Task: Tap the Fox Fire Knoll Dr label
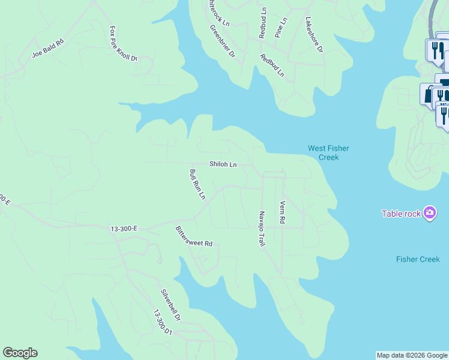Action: pyautogui.click(x=124, y=43)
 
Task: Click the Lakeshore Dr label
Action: pyautogui.click(x=314, y=34)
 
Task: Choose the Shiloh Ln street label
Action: pyautogui.click(x=223, y=164)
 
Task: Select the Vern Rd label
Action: pyautogui.click(x=282, y=213)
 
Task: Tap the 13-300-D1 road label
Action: pyautogui.click(x=163, y=323)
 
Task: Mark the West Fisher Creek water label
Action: pyautogui.click(x=328, y=153)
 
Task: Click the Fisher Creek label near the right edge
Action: pyautogui.click(x=418, y=259)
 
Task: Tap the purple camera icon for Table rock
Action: pyautogui.click(x=429, y=213)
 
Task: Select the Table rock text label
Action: pyautogui.click(x=401, y=214)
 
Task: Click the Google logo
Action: pyautogui.click(x=20, y=353)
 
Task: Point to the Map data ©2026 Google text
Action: pyautogui.click(x=412, y=355)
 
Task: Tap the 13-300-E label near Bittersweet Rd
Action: pyautogui.click(x=124, y=229)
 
